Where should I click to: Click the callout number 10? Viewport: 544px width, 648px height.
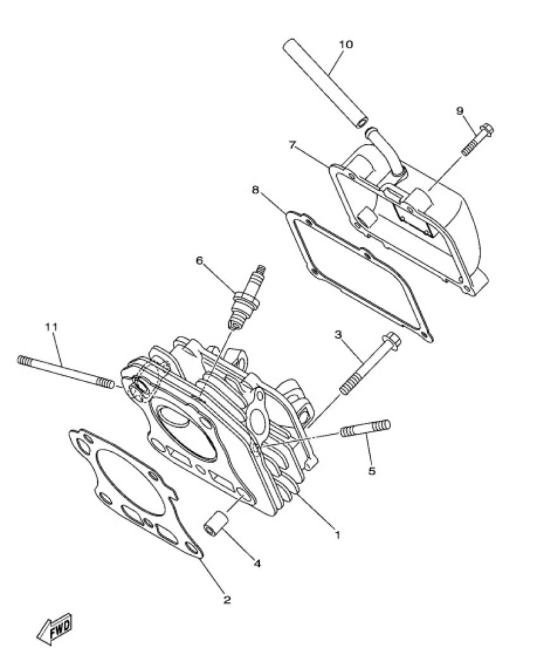(x=346, y=44)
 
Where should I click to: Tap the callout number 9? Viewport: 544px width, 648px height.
(x=459, y=110)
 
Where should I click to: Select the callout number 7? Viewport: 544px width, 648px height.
(x=293, y=145)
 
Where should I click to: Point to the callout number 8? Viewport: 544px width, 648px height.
(x=255, y=190)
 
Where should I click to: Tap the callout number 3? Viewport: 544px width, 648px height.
(x=338, y=334)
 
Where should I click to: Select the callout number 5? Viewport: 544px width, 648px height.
(x=372, y=470)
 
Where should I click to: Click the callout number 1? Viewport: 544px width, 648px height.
(x=337, y=535)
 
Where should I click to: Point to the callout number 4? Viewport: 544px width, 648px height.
(x=257, y=563)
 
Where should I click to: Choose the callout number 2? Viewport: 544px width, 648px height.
(x=227, y=599)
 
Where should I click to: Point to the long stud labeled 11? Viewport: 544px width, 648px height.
(x=66, y=371)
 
